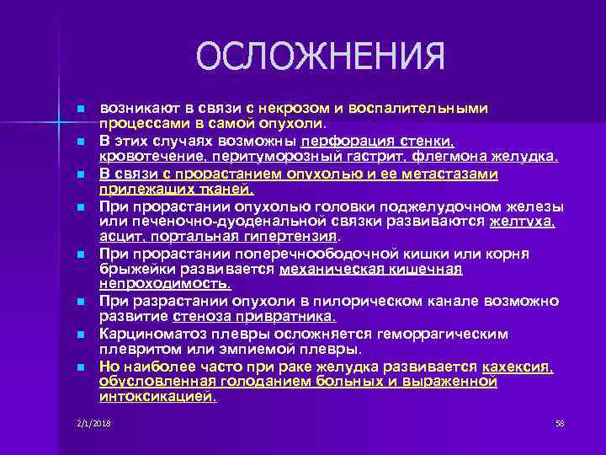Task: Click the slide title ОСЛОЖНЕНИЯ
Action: (320, 58)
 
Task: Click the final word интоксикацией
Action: (157, 397)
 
